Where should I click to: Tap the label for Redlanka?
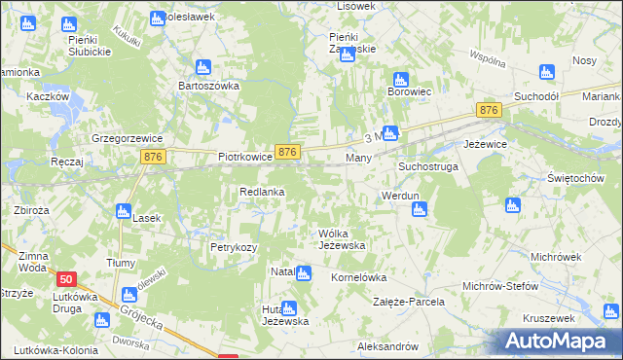coord(262,193)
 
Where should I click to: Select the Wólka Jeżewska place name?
coord(342,239)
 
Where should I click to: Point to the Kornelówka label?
coord(359,277)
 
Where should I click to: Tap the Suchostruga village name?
coord(427,167)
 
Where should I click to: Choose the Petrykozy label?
coord(234,248)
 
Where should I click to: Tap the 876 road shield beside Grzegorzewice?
coord(150,156)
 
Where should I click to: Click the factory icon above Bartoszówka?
coord(202,67)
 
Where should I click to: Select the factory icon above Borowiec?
coord(398,80)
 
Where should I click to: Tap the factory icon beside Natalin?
coord(303,274)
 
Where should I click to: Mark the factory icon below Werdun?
coord(419,208)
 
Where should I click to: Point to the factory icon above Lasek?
coord(123,210)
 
